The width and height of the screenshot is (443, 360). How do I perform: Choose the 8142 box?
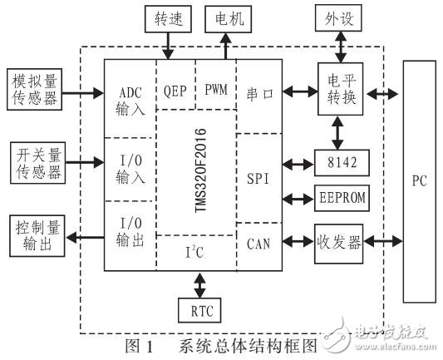[x=336, y=163]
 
